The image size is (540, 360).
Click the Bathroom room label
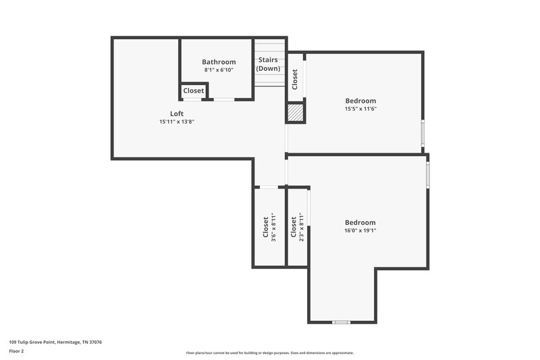click(x=219, y=62)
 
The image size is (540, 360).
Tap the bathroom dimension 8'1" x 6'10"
click(x=219, y=70)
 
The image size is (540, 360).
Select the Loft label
click(x=176, y=113)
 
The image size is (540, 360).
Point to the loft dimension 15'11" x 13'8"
click(x=176, y=122)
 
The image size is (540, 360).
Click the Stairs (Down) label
click(x=268, y=64)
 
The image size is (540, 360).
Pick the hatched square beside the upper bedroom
click(x=296, y=112)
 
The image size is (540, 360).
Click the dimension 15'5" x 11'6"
click(x=360, y=109)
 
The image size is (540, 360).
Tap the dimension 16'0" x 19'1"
click(x=360, y=230)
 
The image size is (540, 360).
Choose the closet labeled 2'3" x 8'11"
click(x=296, y=227)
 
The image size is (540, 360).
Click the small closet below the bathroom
click(x=194, y=91)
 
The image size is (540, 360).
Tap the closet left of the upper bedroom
click(x=296, y=79)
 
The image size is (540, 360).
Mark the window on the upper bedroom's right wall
click(x=423, y=134)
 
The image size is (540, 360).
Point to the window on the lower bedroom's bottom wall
click(x=342, y=322)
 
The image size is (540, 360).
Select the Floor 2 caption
click(x=16, y=351)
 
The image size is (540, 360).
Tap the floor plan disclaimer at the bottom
click(x=270, y=353)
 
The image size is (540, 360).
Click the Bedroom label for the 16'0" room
click(x=360, y=223)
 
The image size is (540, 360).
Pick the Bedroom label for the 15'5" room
click(x=360, y=101)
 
